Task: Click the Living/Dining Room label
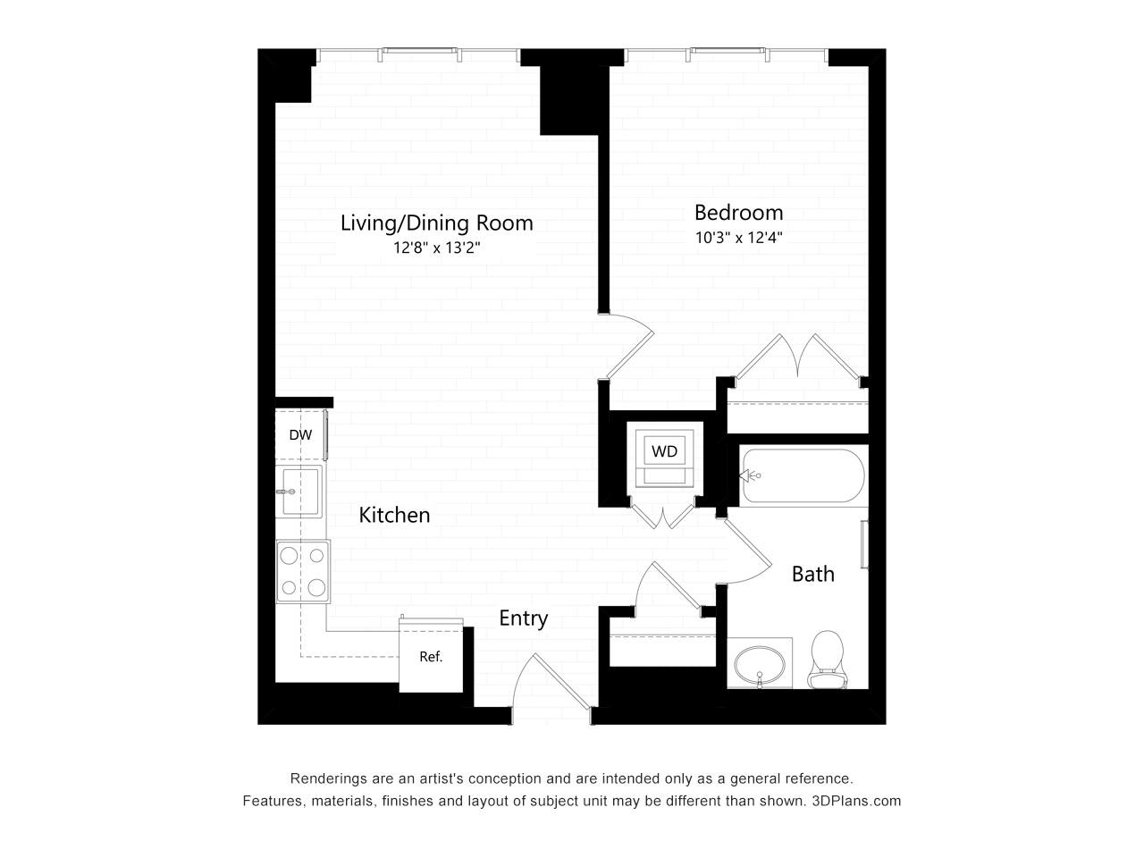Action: (436, 223)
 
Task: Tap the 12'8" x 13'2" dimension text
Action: (436, 248)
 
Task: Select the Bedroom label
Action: (738, 213)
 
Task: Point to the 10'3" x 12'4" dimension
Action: (738, 238)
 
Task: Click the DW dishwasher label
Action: (300, 435)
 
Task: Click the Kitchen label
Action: (394, 515)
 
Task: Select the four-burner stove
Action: (303, 572)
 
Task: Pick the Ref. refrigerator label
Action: (431, 657)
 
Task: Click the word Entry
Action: (523, 618)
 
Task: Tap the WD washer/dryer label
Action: (665, 451)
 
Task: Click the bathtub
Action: (803, 475)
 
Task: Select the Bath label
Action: (813, 574)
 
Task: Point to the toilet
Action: (827, 660)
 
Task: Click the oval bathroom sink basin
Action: (760, 665)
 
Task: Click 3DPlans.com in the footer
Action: (856, 801)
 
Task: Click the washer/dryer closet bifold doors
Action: (662, 514)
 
